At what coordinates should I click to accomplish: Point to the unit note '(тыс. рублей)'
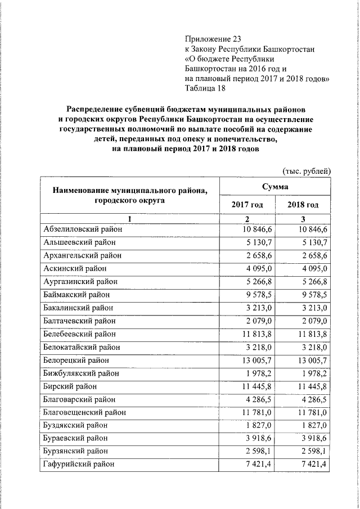click(x=305, y=172)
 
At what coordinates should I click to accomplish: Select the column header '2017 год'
click(x=247, y=205)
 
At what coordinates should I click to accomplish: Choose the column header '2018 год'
click(x=303, y=205)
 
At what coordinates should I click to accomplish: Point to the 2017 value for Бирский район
click(x=256, y=386)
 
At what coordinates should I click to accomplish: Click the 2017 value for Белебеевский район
click(x=256, y=334)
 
